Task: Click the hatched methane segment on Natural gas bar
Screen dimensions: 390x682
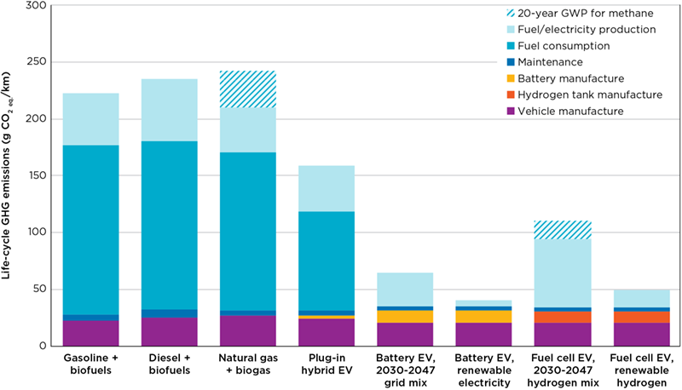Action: pyautogui.click(x=247, y=89)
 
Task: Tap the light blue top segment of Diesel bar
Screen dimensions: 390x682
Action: pyautogui.click(x=169, y=110)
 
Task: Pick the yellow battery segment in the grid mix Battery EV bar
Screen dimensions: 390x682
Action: pyautogui.click(x=404, y=317)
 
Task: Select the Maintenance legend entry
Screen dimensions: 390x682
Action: pyautogui.click(x=552, y=62)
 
